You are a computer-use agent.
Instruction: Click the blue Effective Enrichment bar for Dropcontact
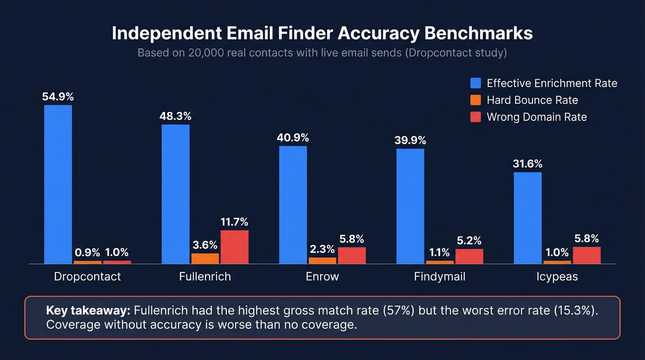[x=58, y=184]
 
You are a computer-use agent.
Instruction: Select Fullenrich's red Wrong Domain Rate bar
[x=235, y=247]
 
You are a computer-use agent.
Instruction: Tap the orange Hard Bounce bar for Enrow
[x=322, y=260]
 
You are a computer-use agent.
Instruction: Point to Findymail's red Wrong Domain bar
[x=469, y=256]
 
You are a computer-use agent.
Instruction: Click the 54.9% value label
[x=58, y=97]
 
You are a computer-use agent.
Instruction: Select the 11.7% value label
[x=235, y=222]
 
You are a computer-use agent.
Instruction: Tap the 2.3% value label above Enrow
[x=322, y=249]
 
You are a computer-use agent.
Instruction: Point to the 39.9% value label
[x=410, y=140]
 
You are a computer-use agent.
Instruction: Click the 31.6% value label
[x=528, y=164]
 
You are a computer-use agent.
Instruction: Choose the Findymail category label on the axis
[x=440, y=277]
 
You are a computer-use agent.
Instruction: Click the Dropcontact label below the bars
[x=88, y=277]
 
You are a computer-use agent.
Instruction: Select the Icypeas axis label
[x=557, y=277]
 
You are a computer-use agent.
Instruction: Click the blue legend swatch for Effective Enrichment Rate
[x=475, y=83]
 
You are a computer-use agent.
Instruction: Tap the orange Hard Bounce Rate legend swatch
[x=475, y=100]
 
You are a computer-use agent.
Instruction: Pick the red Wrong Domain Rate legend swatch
[x=475, y=117]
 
